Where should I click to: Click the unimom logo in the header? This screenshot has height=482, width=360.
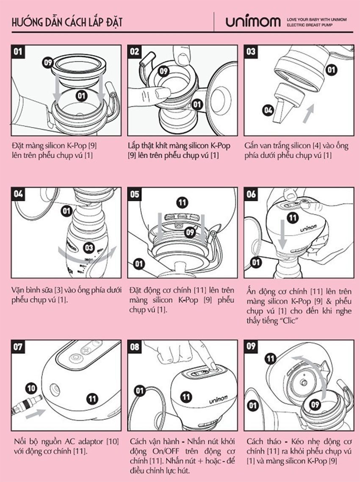tap(253, 22)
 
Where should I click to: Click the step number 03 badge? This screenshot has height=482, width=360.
tap(251, 51)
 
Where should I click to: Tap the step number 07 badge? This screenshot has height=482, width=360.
tap(18, 347)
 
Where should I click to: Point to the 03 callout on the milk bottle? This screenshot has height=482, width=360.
tap(89, 247)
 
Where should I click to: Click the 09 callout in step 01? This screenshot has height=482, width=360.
tap(48, 63)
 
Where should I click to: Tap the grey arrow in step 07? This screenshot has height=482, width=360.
tap(35, 413)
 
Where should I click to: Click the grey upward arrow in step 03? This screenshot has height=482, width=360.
tap(309, 114)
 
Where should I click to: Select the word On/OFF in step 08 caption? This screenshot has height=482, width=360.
tap(166, 451)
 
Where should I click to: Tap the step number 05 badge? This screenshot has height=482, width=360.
tap(135, 194)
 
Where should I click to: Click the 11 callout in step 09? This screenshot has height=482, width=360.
tap(271, 358)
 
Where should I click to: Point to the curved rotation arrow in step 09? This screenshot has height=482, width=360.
tap(320, 369)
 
